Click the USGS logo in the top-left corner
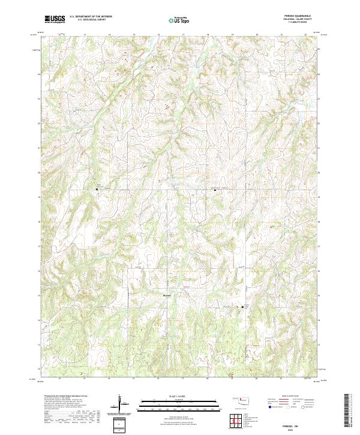tap(56, 19)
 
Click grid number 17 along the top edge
tap(182, 34)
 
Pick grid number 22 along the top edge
tap(305, 34)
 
